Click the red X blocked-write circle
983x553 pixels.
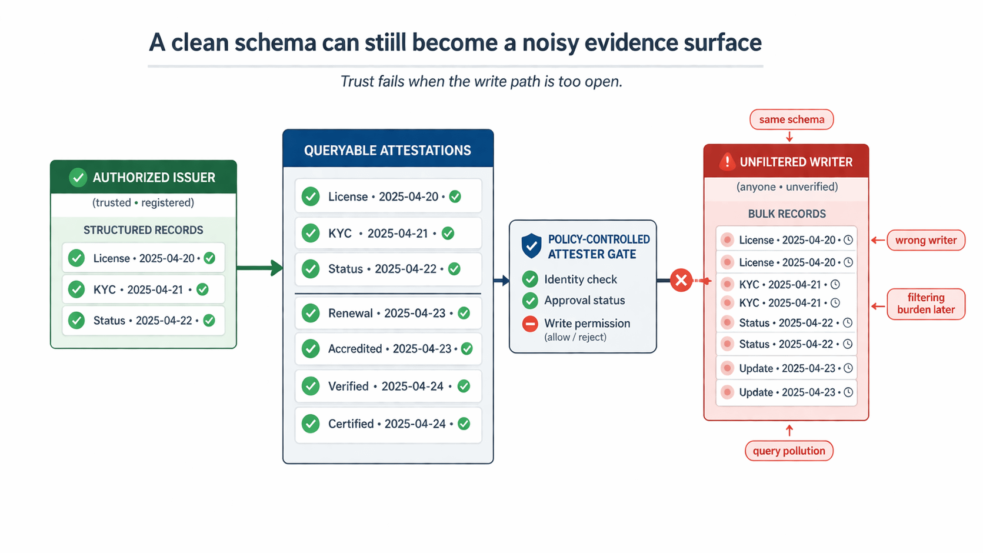tap(681, 280)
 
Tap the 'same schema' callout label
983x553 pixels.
tap(791, 119)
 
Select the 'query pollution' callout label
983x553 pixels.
tap(789, 451)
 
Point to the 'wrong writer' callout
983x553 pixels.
tap(925, 240)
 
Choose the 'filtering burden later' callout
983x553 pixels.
tap(925, 304)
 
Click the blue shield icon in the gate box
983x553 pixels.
tap(531, 246)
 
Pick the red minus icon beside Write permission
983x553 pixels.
tap(530, 324)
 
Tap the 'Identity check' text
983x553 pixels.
tap(580, 279)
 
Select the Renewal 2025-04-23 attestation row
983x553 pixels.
tap(388, 313)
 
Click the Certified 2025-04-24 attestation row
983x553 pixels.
tap(388, 424)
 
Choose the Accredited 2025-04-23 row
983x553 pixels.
tap(388, 349)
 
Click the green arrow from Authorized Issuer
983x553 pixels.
tap(259, 268)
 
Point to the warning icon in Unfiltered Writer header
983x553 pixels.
tap(727, 162)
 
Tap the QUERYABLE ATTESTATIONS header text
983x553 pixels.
tap(387, 151)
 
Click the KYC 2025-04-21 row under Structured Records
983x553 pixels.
tap(144, 289)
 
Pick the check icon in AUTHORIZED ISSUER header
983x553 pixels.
tap(78, 177)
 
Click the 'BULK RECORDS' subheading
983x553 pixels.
tap(787, 214)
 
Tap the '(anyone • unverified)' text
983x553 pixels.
tap(787, 187)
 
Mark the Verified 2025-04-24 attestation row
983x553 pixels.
tap(388, 386)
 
